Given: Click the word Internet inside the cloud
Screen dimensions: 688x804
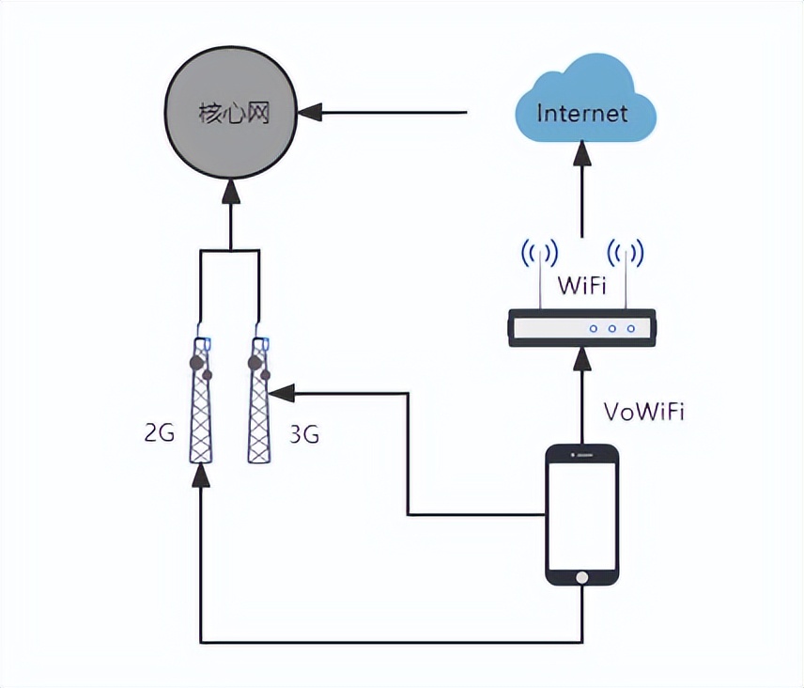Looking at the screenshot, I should pos(581,113).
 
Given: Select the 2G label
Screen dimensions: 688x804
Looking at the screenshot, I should pos(160,433).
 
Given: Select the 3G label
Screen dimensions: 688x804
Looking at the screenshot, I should pos(303,434).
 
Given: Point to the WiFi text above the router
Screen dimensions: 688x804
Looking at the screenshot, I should pos(582,283).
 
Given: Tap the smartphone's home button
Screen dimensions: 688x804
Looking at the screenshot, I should pos(582,577).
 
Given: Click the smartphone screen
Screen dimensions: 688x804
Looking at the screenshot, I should pos(582,513).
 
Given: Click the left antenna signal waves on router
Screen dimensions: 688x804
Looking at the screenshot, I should pos(540,252).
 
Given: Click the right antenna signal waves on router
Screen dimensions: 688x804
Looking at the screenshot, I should pos(625,252).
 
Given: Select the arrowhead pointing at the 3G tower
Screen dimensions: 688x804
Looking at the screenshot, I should pos(286,390).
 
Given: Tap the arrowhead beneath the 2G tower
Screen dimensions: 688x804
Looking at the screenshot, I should pos(200,475).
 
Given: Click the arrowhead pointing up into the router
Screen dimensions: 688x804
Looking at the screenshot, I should pos(582,359).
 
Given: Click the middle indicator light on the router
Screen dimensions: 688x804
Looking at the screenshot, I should pos(612,328).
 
